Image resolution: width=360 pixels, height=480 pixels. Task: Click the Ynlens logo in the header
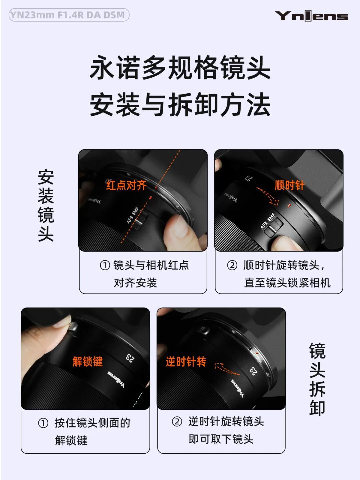(x=311, y=16)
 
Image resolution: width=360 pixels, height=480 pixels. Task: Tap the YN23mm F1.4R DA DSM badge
(x=69, y=15)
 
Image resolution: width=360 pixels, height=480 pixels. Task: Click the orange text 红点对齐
(x=126, y=185)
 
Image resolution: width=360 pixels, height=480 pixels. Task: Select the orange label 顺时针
(x=290, y=185)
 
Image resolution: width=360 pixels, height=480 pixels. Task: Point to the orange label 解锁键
(x=88, y=361)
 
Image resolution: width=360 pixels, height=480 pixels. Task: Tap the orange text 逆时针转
(x=186, y=361)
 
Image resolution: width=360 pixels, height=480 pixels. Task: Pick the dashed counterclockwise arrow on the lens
(x=226, y=369)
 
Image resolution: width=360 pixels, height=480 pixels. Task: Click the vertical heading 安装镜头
(x=46, y=205)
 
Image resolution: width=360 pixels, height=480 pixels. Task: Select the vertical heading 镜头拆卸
(x=317, y=379)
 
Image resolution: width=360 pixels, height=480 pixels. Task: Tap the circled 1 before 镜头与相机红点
(x=105, y=265)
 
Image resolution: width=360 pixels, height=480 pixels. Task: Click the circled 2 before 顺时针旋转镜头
(x=232, y=265)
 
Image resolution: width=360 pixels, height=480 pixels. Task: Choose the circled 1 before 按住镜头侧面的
(x=43, y=423)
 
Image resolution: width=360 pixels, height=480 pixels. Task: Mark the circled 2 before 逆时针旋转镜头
(x=177, y=421)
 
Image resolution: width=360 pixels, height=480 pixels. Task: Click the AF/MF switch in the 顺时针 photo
(x=274, y=227)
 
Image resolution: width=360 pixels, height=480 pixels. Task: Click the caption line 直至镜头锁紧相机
(x=287, y=283)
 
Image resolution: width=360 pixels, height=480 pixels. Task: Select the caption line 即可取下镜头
(x=221, y=439)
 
